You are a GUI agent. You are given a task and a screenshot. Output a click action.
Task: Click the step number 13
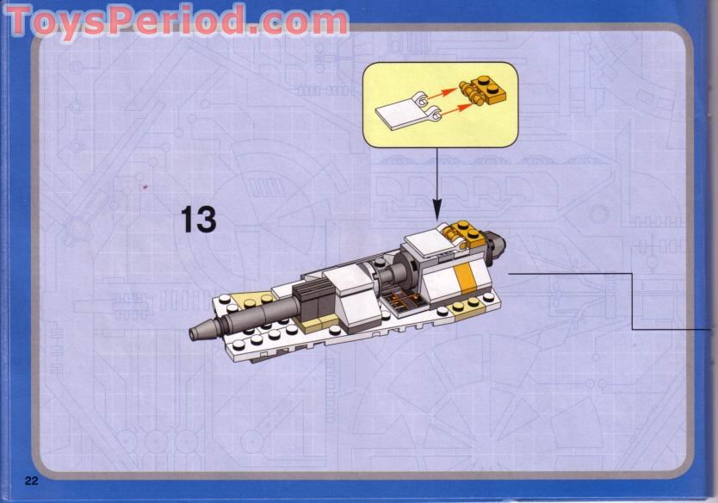click(x=198, y=220)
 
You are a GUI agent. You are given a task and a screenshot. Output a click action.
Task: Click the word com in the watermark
click(x=310, y=20)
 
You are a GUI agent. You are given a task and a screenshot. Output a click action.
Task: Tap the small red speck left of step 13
click(x=145, y=186)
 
